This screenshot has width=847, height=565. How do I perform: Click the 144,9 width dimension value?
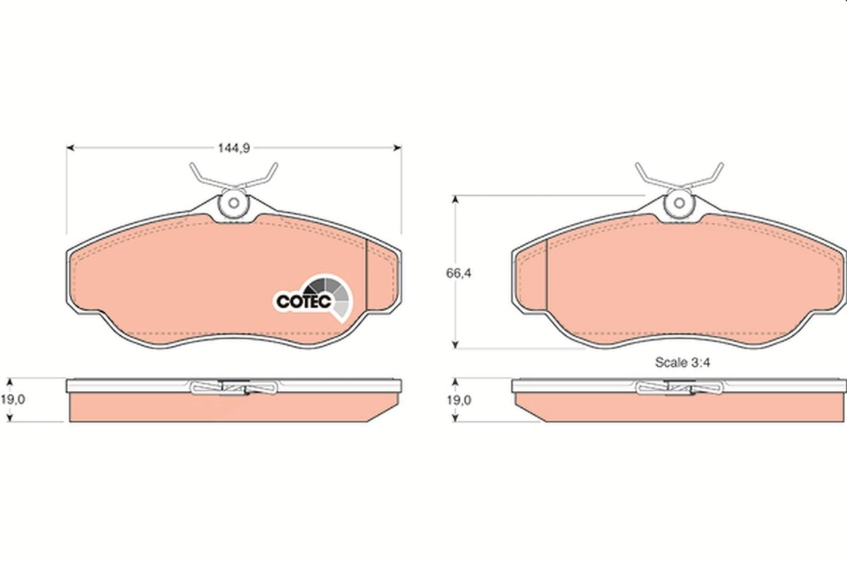[x=234, y=148]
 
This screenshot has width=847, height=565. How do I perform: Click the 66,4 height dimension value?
[x=459, y=273]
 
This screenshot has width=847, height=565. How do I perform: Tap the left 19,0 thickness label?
[x=13, y=400]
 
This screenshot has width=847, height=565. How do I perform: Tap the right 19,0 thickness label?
[x=459, y=400]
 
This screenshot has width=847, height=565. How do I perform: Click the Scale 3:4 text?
[x=683, y=362]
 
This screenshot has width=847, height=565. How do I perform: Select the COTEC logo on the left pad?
[x=313, y=298]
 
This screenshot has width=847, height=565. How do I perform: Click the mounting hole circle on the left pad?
[x=234, y=203]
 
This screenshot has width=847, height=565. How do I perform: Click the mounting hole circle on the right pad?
[x=680, y=203]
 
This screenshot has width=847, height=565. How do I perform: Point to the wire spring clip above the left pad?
[x=234, y=177]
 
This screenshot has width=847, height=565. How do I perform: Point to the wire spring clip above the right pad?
[x=680, y=177]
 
